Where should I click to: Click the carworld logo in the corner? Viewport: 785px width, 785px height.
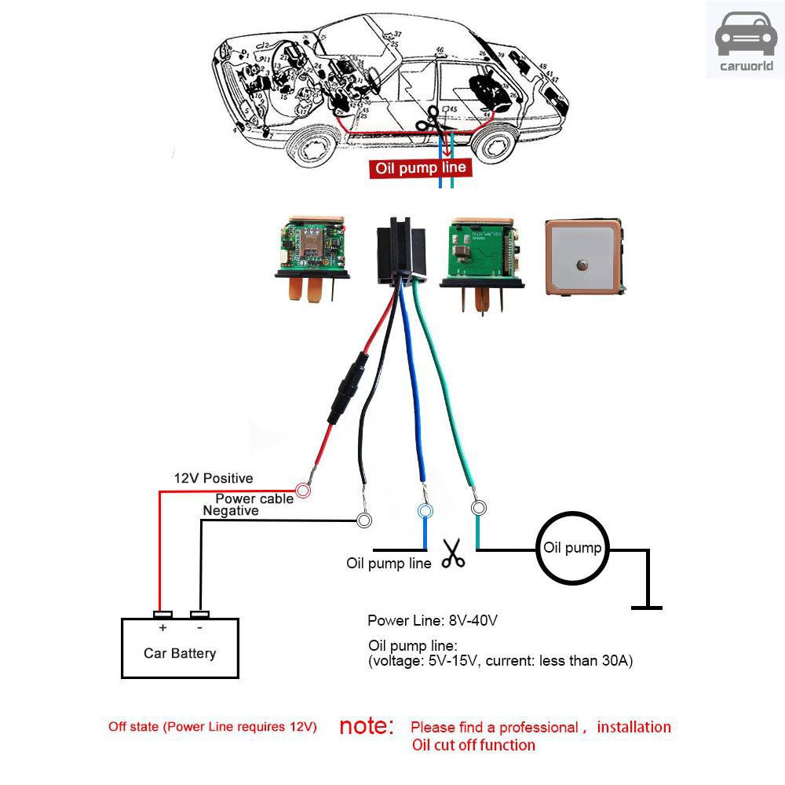coord(745,39)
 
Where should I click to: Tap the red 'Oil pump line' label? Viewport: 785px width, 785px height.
coord(420,168)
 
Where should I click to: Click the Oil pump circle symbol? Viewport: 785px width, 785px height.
coord(572,548)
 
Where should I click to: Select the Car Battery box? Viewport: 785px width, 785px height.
coord(180,648)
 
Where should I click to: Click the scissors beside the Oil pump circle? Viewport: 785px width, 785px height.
coord(453,553)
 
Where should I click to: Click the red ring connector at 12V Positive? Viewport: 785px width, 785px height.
coord(303,491)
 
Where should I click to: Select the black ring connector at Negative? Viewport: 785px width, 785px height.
coord(364,520)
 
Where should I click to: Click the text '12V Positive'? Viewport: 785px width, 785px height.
coord(213,478)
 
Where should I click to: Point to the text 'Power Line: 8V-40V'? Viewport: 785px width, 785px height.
coord(433,621)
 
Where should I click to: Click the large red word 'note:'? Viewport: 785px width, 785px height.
coord(367,726)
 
